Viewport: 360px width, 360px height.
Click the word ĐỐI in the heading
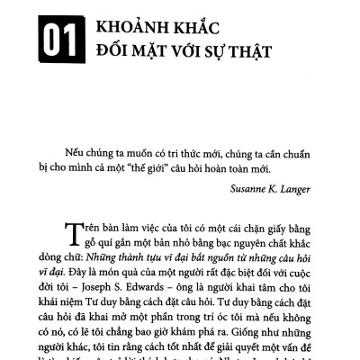click(x=112, y=57)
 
